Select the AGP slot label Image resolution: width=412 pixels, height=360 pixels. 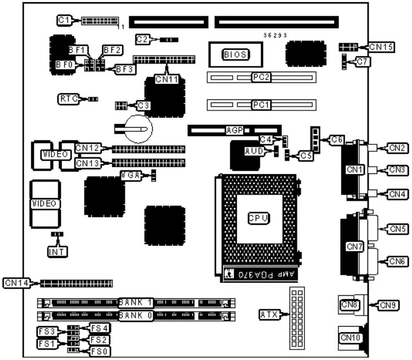tap(235, 130)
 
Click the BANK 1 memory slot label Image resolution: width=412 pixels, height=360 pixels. tap(136, 302)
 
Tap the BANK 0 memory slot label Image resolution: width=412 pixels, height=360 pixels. tap(136, 316)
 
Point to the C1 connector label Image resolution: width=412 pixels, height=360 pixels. tap(64, 20)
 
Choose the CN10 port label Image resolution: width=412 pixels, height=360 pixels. tap(350, 338)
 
